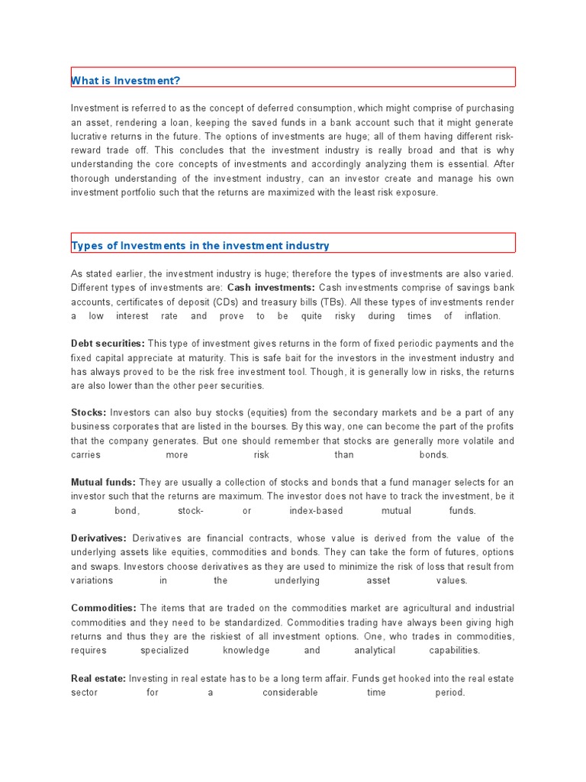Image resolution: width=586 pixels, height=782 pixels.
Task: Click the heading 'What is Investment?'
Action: click(126, 80)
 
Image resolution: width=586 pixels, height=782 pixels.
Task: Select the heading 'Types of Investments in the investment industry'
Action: click(200, 245)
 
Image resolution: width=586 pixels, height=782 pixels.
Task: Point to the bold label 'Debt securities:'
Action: click(108, 344)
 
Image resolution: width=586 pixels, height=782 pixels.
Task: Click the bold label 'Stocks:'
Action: click(89, 413)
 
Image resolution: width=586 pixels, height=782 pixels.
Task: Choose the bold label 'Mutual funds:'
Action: click(103, 483)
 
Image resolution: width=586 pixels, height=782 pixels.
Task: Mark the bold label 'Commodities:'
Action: click(104, 609)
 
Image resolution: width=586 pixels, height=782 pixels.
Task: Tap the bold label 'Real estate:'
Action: click(98, 678)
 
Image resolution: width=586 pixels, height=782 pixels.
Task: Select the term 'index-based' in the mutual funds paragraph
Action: click(316, 511)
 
